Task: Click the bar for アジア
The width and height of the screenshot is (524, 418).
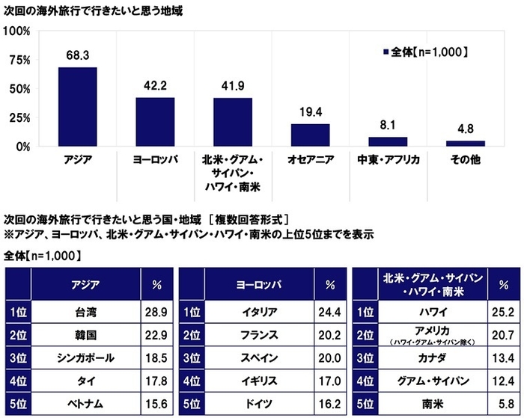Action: click(78, 107)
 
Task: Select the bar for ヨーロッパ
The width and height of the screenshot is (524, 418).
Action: click(155, 122)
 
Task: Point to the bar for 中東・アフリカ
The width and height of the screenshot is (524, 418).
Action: click(388, 141)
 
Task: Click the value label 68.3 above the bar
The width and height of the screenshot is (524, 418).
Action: click(78, 56)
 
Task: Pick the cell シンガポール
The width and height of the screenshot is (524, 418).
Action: click(85, 358)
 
